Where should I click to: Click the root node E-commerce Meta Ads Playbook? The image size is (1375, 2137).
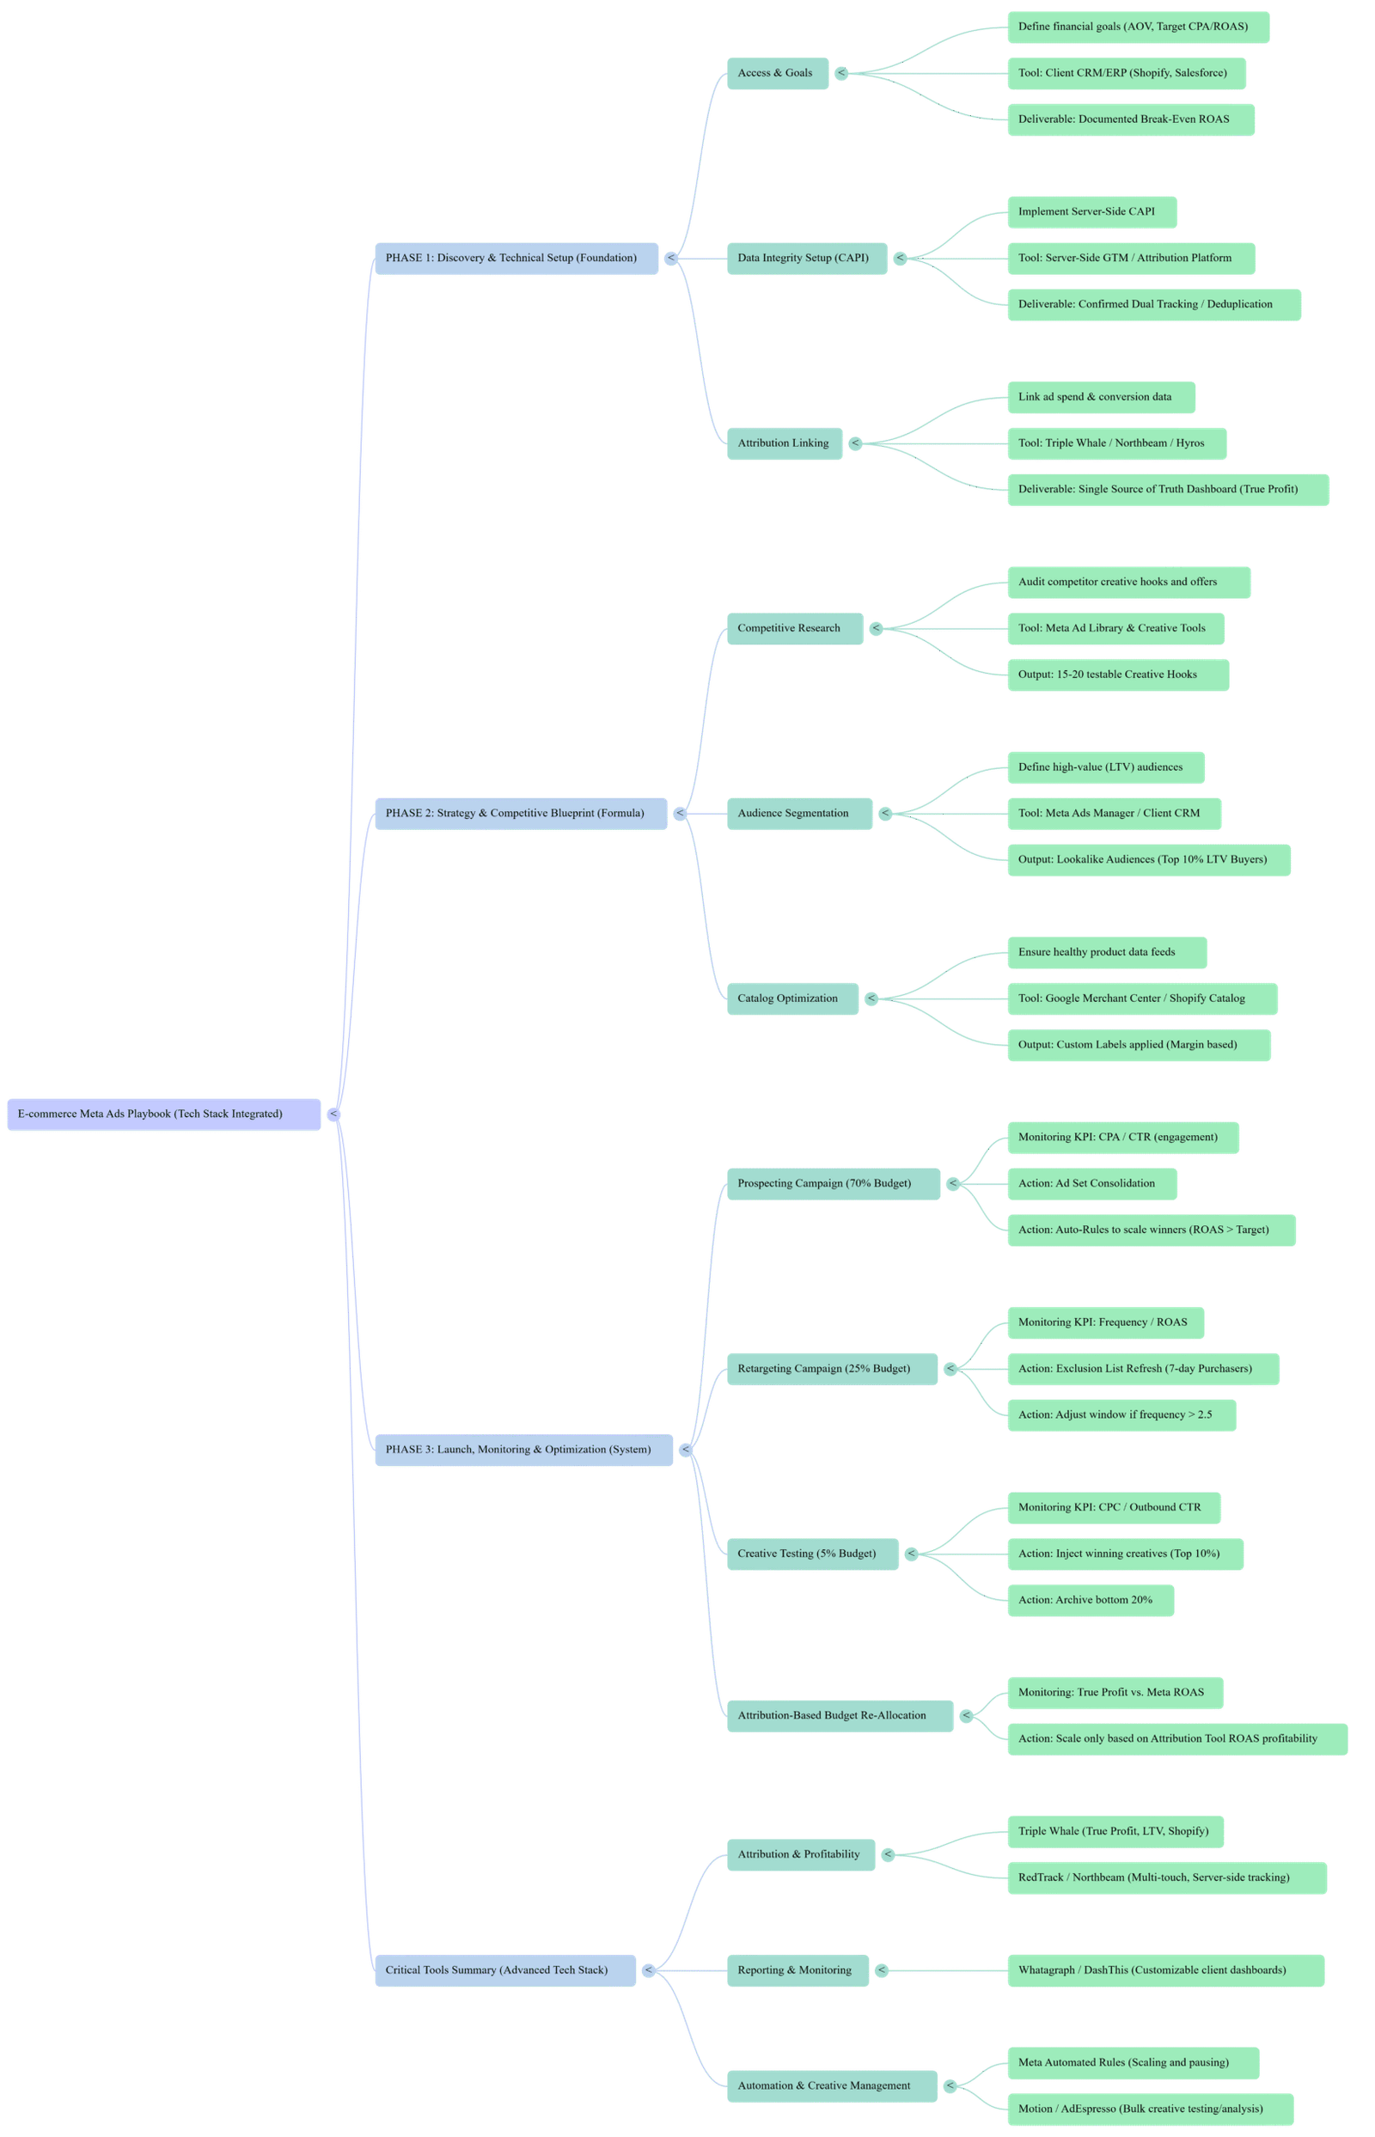(x=163, y=1114)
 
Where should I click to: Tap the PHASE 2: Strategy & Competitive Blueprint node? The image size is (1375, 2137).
(x=520, y=813)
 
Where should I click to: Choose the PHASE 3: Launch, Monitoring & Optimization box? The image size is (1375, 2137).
(x=522, y=1450)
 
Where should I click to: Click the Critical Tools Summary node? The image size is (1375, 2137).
(x=504, y=1970)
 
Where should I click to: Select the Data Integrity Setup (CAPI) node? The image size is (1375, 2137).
(x=806, y=258)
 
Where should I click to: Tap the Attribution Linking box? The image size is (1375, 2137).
(x=784, y=443)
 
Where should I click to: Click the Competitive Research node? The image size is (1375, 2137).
(x=794, y=628)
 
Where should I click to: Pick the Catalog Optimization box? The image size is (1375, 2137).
(x=792, y=998)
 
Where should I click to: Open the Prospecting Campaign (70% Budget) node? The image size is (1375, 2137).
(x=832, y=1184)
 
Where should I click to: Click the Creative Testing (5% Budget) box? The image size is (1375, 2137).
(x=811, y=1554)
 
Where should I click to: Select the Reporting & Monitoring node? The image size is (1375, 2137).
(x=797, y=1970)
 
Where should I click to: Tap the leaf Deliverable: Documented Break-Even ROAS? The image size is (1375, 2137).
(x=1129, y=119)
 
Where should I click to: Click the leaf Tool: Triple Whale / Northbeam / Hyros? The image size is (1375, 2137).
(x=1116, y=443)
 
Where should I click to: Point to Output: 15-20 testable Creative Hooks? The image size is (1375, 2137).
(x=1117, y=675)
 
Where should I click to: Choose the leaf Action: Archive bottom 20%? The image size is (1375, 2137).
(x=1090, y=1600)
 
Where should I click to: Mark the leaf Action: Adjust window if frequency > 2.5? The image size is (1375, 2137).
(x=1121, y=1415)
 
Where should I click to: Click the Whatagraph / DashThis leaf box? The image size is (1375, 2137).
(x=1164, y=1970)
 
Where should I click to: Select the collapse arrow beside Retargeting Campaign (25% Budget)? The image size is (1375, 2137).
(x=950, y=1369)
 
